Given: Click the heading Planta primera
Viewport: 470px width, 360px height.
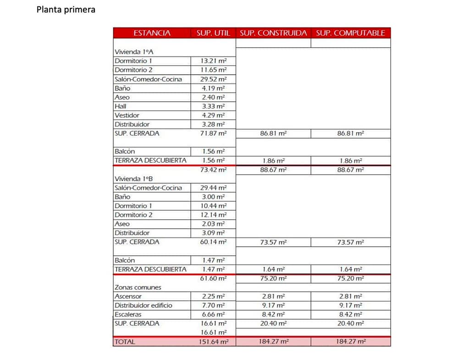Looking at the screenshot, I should coord(66,9).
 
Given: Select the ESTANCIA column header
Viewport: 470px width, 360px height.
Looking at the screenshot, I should coord(152,33).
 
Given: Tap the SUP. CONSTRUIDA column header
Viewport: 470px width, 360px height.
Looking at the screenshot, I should coord(273,33).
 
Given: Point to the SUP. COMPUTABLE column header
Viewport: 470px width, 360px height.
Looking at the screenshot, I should coord(351,33).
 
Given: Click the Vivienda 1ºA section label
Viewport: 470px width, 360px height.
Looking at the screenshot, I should coord(131,52).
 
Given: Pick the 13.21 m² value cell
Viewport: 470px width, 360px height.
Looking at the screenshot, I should coord(214,61).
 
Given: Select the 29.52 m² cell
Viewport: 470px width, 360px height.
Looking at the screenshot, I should coord(214,79).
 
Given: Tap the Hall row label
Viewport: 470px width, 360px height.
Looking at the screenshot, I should coord(121,106).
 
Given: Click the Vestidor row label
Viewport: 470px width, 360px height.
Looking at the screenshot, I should coord(127,115).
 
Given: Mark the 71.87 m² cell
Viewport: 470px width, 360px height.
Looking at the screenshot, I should coord(214,133).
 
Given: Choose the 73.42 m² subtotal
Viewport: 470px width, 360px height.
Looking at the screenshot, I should coord(214,170).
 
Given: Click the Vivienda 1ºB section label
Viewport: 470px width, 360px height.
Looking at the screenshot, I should coord(131,178).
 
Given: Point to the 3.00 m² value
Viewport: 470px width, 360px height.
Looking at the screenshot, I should coord(214,197).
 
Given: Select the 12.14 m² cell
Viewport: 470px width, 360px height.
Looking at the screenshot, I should coord(214,215).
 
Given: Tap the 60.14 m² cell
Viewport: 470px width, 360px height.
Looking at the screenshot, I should coord(214,242).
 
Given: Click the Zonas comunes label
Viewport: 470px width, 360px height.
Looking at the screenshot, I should coord(138,287).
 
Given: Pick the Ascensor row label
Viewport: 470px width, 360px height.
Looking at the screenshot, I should coord(128,296).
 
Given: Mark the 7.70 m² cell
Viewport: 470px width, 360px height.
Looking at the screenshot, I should coord(214,305).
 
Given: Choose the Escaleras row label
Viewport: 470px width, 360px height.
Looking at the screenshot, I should coord(128,315).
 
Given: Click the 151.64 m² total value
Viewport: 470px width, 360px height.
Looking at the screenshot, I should coord(214,342).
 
